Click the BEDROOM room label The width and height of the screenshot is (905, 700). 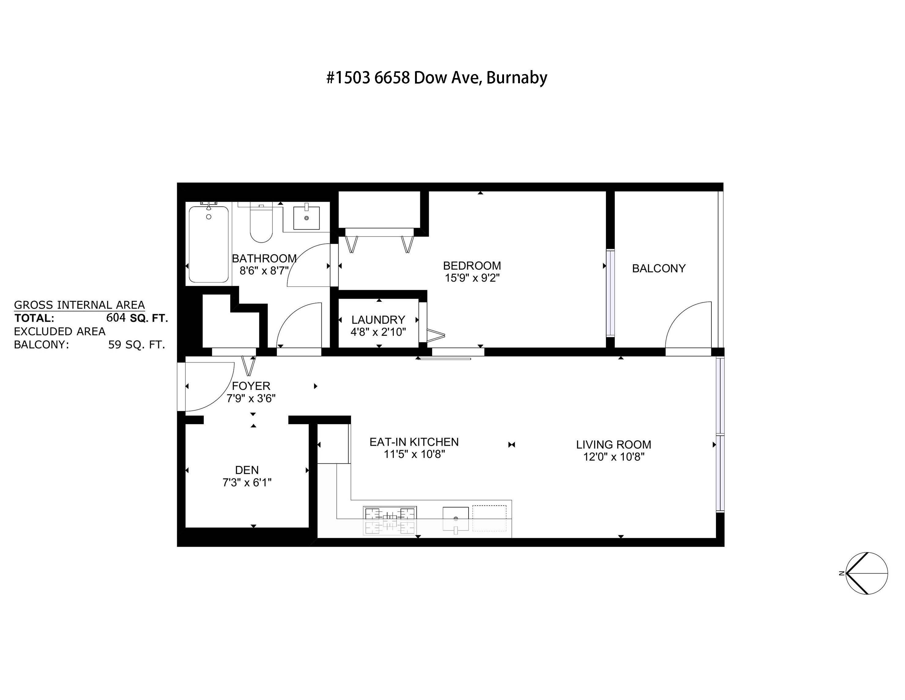click(472, 265)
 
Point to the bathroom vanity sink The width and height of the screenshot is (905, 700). click(306, 218)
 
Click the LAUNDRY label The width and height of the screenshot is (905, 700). click(378, 320)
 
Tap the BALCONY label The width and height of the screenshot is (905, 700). click(658, 268)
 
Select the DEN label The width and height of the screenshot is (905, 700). click(247, 470)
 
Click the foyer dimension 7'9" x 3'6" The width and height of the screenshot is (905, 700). click(251, 399)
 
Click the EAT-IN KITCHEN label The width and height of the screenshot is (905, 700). click(414, 442)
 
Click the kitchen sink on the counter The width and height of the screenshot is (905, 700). click(455, 519)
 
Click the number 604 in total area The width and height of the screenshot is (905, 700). click(116, 318)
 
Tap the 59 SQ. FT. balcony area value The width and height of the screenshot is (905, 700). click(136, 345)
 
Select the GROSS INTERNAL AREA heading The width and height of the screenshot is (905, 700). click(79, 305)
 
